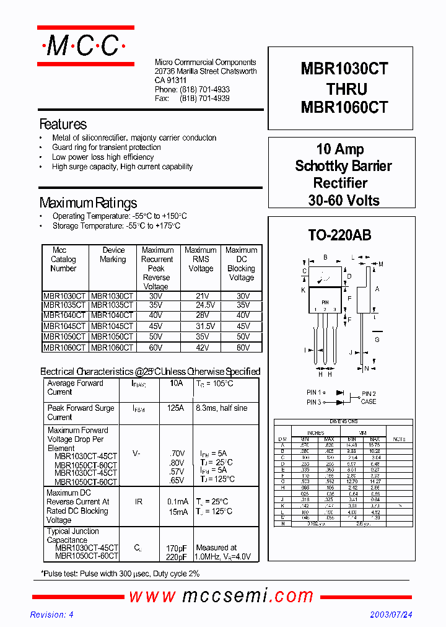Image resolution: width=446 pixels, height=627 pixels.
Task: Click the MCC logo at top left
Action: click(x=85, y=46)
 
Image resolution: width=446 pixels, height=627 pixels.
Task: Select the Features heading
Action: click(x=63, y=124)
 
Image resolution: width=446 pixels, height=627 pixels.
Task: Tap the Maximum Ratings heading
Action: click(x=88, y=203)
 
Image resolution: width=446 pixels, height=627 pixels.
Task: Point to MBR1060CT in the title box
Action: click(x=344, y=107)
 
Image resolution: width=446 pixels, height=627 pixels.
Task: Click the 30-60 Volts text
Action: click(x=344, y=200)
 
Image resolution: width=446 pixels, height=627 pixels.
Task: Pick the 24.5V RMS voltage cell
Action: click(x=200, y=305)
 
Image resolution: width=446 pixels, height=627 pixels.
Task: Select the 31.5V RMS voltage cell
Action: click(x=200, y=326)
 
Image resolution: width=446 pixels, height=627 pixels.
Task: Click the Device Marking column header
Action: click(x=113, y=255)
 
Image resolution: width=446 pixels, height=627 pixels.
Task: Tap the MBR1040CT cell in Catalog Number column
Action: click(x=64, y=315)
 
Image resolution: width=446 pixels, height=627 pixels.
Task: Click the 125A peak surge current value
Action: click(x=176, y=408)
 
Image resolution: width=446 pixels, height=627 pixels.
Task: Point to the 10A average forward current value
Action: click(x=176, y=384)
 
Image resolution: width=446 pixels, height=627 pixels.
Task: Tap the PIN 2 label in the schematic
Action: click(x=369, y=393)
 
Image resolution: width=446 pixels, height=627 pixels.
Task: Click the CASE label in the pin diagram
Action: click(x=369, y=401)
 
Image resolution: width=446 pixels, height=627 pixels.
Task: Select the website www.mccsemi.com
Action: click(x=221, y=596)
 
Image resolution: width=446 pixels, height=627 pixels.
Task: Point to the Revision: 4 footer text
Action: click(x=52, y=615)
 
